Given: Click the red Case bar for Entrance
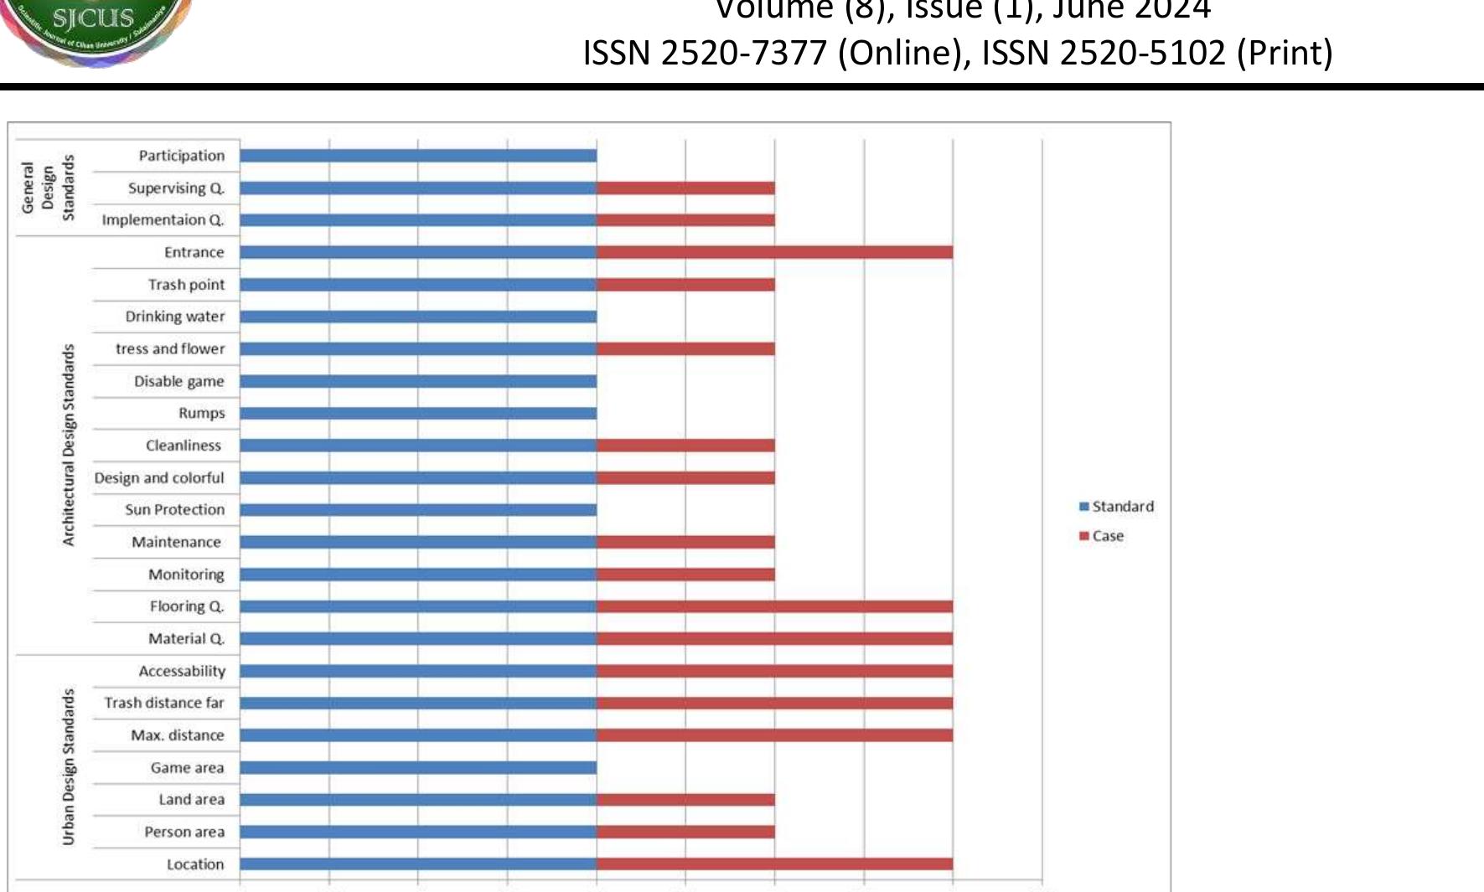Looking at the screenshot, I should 774,252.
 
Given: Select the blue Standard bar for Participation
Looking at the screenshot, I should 418,156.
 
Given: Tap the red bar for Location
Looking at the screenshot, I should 774,864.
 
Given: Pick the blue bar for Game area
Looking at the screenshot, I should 418,767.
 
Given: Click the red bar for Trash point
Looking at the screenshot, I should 685,285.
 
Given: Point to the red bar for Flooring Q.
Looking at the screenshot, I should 774,606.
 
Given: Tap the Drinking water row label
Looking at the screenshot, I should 175,317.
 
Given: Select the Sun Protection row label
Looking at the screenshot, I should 175,509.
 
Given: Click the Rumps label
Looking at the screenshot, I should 201,413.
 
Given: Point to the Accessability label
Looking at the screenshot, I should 182,671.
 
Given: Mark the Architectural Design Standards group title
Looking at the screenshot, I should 69,445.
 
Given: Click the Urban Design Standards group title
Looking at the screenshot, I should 69,767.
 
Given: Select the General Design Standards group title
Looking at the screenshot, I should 48,188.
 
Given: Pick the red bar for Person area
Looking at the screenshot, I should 685,832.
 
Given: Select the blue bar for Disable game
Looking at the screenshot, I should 418,381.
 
